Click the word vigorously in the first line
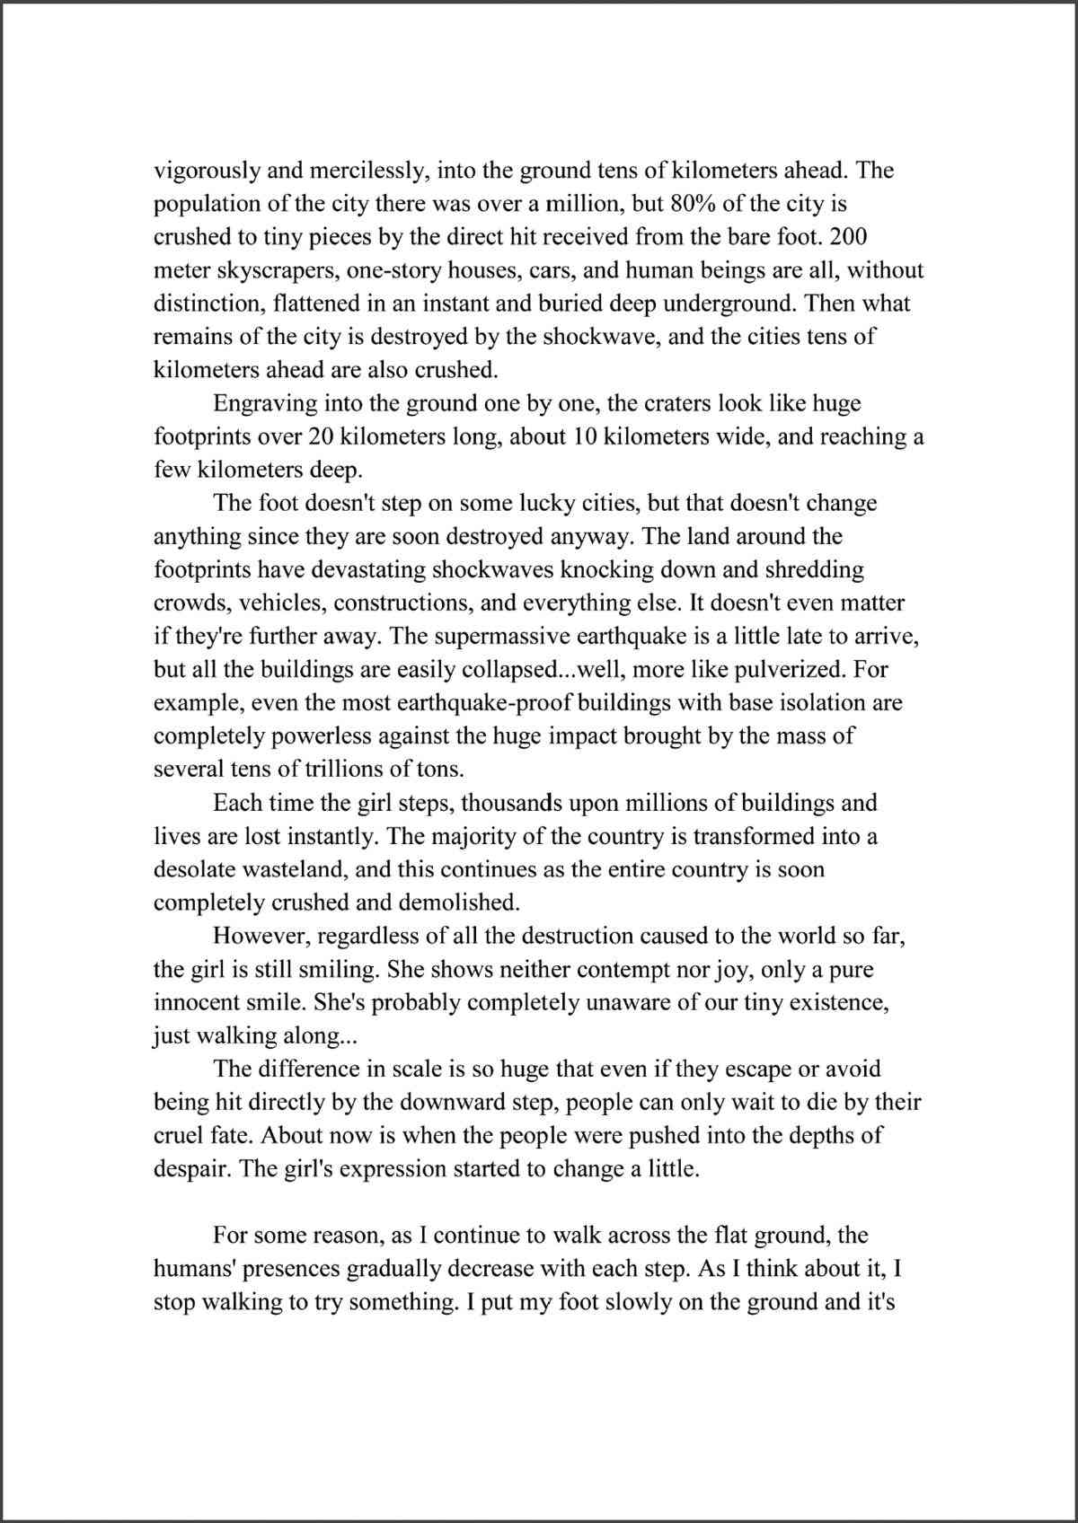click(x=209, y=171)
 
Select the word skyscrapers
click(x=278, y=270)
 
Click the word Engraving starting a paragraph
click(x=266, y=403)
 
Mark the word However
click(x=261, y=936)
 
